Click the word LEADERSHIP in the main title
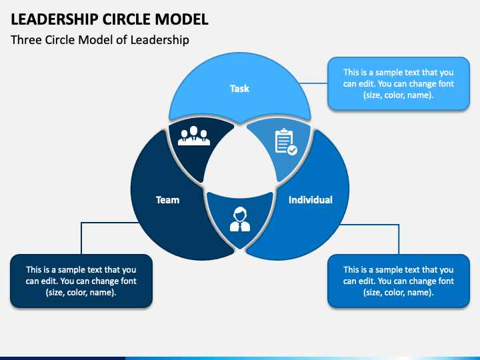[x=54, y=19]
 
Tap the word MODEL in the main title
[x=181, y=19]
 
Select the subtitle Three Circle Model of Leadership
[x=100, y=40]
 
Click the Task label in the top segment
[x=239, y=89]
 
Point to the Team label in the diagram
[x=167, y=200]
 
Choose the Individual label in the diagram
[x=311, y=200]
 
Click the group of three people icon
[x=194, y=135]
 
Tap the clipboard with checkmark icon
[x=286, y=141]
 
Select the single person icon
[x=240, y=219]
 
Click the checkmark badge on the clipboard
[x=293, y=150]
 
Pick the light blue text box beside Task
[x=399, y=83]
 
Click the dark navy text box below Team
[x=81, y=281]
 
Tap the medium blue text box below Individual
[x=399, y=281]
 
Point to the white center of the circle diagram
[x=240, y=159]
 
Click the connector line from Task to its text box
[x=313, y=83]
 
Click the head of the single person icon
[x=240, y=214]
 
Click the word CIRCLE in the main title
[x=127, y=19]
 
